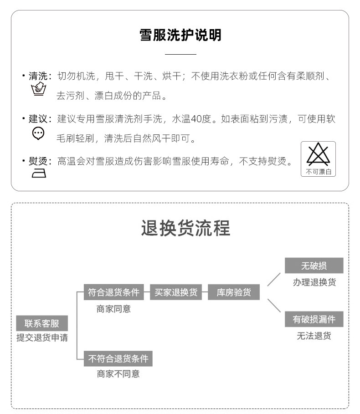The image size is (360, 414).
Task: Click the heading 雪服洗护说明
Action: click(x=180, y=36)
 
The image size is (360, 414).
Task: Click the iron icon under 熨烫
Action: click(x=38, y=173)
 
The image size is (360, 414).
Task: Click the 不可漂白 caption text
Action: click(x=318, y=172)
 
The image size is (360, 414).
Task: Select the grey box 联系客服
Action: click(x=41, y=324)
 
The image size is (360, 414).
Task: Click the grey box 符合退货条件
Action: click(x=113, y=292)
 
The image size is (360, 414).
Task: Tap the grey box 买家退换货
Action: click(x=175, y=292)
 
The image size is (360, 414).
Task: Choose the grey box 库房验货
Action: click(x=233, y=292)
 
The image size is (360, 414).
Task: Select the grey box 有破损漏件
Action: click(x=314, y=320)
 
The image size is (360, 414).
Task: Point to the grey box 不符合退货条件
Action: click(x=118, y=359)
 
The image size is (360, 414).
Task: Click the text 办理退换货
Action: click(x=314, y=282)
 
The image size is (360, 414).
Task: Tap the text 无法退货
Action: click(x=314, y=336)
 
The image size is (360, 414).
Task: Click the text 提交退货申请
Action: click(x=42, y=338)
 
